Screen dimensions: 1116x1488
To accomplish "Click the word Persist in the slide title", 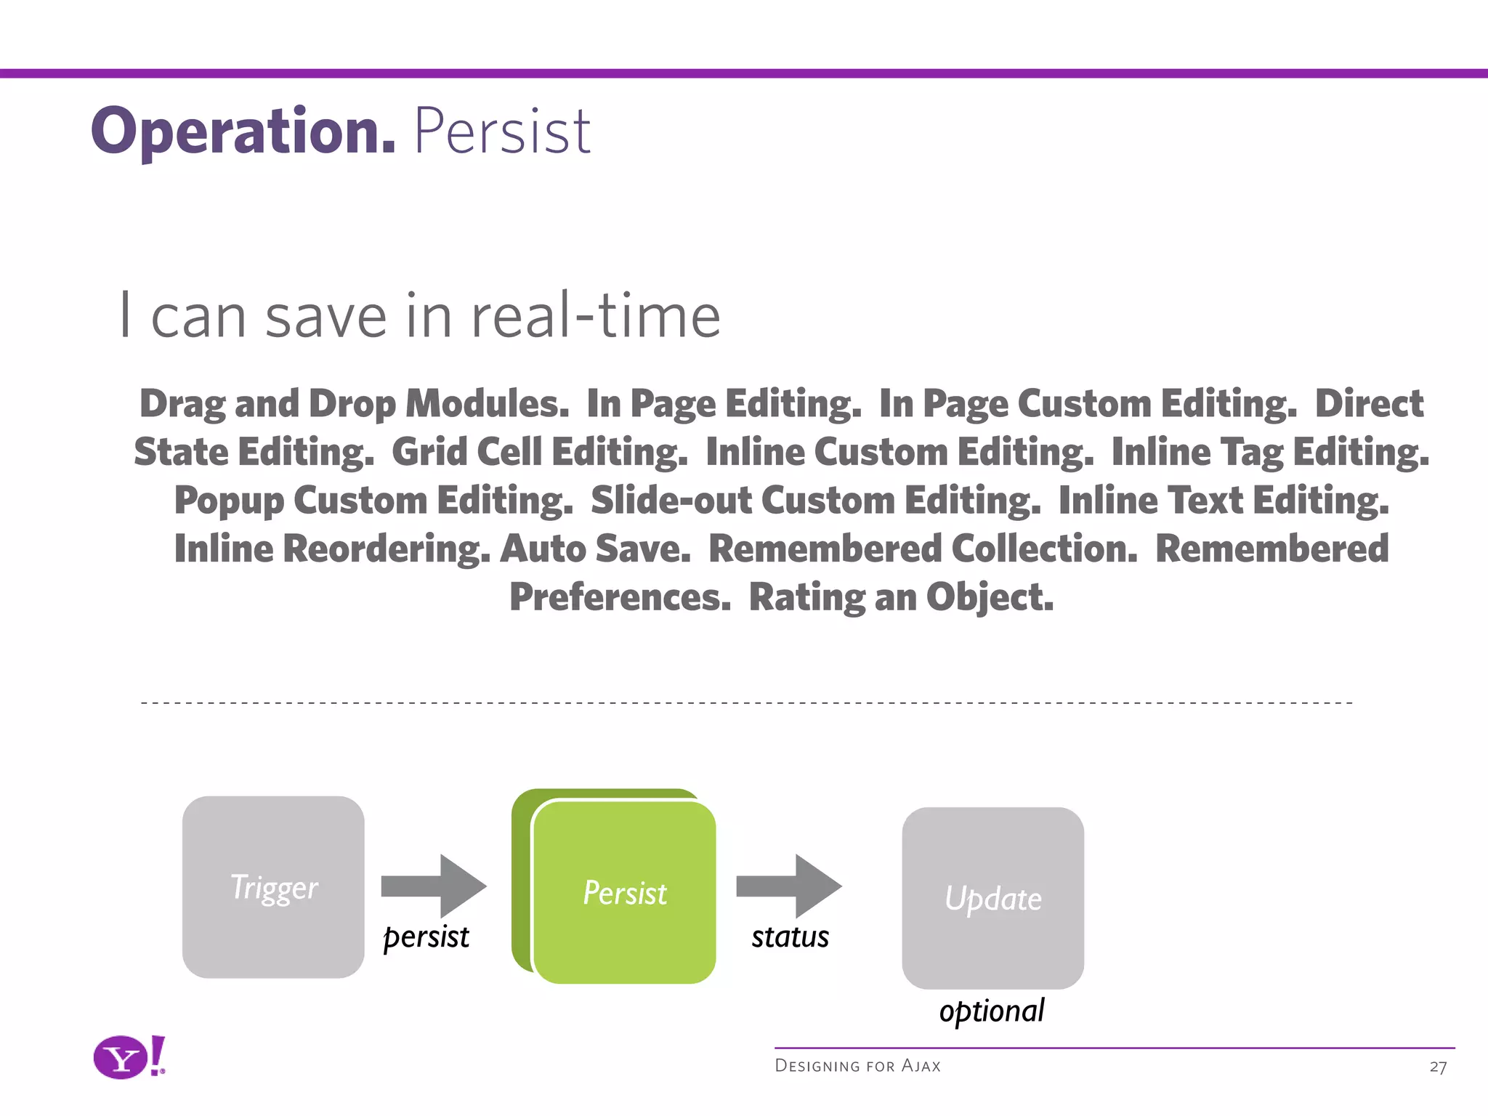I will tap(502, 132).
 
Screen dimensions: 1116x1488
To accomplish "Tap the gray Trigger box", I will tap(273, 887).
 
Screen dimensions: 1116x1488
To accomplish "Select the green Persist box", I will tap(624, 892).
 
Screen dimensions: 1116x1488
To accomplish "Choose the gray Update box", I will tap(992, 898).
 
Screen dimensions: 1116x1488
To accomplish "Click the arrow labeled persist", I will tap(434, 886).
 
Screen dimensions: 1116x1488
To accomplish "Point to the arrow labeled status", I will tap(789, 886).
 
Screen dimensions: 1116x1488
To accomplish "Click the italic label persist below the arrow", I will tap(426, 937).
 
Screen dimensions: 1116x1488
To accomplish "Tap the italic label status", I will tap(790, 937).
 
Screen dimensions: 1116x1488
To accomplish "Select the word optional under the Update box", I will tap(992, 1011).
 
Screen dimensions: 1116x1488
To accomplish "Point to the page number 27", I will tap(1438, 1067).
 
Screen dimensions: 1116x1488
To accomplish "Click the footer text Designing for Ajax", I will tap(857, 1066).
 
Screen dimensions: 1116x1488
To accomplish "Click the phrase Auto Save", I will tap(595, 549).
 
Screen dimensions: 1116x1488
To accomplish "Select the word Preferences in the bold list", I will tap(620, 597).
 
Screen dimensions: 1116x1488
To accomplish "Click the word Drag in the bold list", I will tap(182, 404).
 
